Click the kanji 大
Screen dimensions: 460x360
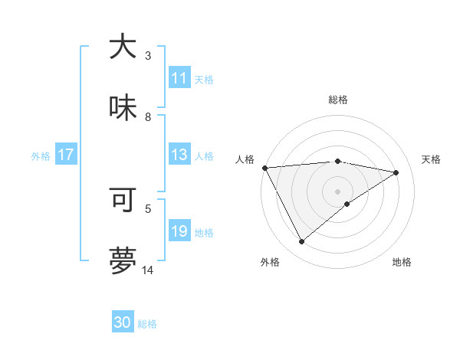coord(123,47)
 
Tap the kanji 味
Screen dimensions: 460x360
coord(123,109)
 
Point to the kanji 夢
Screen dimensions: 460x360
coord(123,261)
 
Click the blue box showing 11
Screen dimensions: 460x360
coord(179,78)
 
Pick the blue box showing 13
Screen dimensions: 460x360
coord(179,155)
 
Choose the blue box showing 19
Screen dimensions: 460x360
coord(179,231)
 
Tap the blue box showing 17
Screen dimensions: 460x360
coord(65,155)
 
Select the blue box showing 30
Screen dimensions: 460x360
coord(123,322)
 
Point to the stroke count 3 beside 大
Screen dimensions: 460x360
coord(148,56)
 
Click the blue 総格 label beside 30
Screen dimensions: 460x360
coord(147,324)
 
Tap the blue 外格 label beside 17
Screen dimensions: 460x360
coord(41,155)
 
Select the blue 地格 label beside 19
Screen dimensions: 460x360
coord(204,233)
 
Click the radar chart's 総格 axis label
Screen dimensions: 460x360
coord(337,100)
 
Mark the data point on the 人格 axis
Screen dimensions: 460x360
coord(264,168)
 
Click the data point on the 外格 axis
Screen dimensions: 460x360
coord(301,242)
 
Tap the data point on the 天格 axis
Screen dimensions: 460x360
coord(396,172)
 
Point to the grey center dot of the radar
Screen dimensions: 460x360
coord(337,191)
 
